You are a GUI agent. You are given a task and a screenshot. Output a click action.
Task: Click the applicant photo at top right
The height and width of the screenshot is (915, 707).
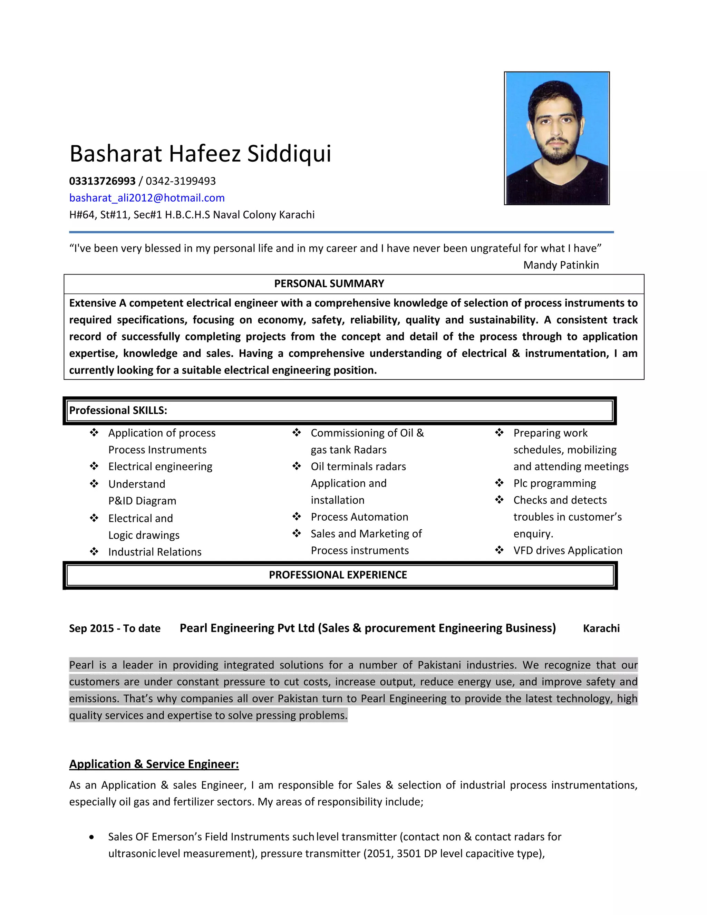556,138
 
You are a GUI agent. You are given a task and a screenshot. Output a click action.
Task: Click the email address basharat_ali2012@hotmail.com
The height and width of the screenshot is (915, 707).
147,198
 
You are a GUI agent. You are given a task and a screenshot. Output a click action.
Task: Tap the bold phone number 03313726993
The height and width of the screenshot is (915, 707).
102,181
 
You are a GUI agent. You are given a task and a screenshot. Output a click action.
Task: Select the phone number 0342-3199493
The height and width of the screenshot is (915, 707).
181,181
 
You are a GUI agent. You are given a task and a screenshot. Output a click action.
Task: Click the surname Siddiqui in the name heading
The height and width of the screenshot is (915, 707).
289,153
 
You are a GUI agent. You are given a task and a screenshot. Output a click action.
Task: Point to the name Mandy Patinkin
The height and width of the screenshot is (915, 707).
561,265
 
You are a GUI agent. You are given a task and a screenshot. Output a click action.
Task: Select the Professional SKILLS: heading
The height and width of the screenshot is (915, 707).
118,410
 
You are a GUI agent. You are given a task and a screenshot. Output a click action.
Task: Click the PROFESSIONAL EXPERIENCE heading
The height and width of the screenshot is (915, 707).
338,575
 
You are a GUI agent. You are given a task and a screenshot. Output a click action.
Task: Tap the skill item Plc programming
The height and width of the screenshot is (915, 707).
554,483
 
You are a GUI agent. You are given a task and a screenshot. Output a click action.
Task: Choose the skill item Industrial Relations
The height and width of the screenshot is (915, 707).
155,552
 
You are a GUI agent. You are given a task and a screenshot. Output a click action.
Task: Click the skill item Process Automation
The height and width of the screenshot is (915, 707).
359,517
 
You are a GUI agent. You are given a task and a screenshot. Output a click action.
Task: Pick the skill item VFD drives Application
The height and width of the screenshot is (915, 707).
568,550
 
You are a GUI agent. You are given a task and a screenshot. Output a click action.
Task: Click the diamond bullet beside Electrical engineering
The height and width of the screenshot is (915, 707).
94,466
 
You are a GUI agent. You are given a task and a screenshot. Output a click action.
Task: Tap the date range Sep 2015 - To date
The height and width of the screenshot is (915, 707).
115,628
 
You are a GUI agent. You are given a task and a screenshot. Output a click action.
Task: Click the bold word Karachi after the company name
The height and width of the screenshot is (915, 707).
601,628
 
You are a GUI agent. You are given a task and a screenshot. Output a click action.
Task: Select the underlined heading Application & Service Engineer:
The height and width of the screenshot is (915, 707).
154,764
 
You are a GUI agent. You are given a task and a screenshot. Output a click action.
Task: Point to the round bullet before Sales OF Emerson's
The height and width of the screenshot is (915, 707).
92,837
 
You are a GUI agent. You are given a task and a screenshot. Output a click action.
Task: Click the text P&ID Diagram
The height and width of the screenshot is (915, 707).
142,501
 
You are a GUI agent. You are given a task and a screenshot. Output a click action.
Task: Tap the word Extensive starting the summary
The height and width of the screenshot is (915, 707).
93,303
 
